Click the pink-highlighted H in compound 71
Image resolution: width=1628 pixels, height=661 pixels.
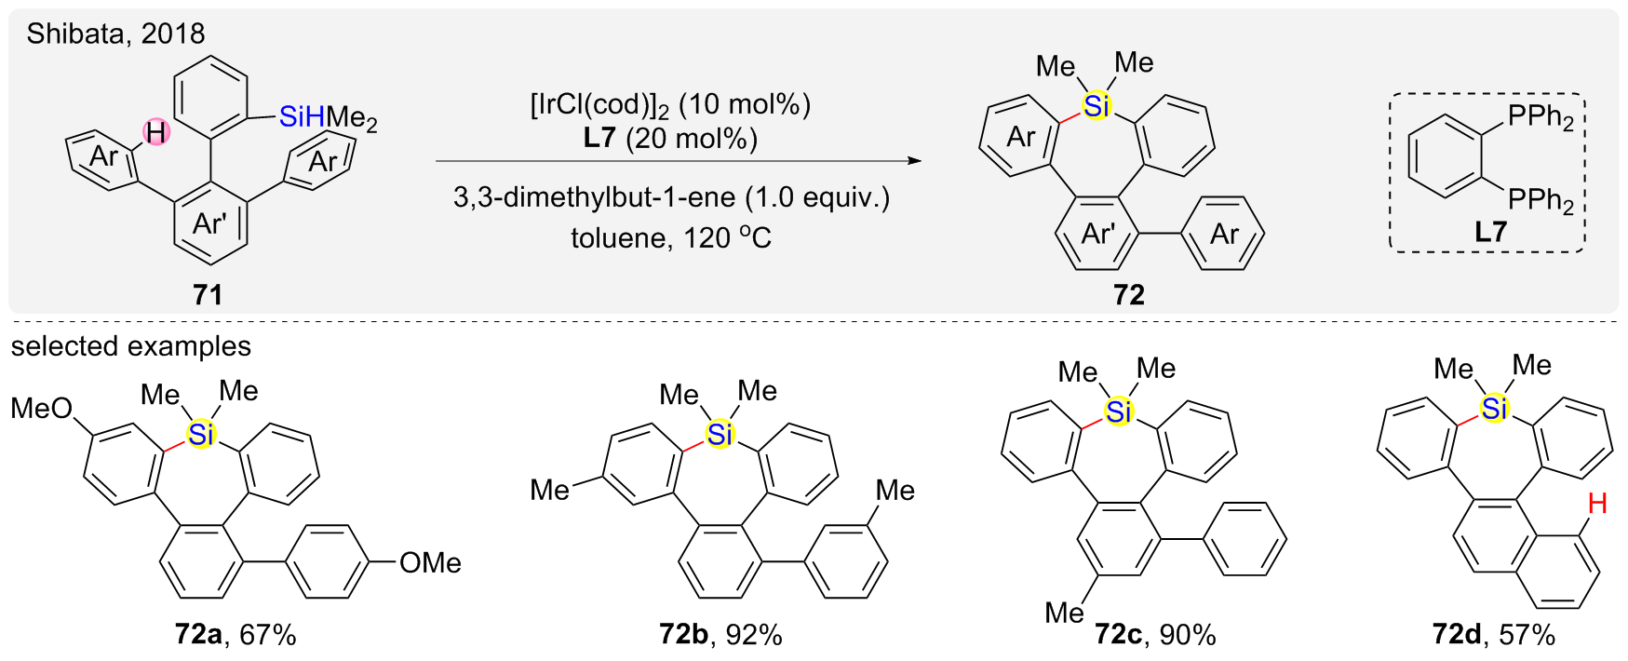click(155, 133)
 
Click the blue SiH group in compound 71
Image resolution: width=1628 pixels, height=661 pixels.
click(302, 117)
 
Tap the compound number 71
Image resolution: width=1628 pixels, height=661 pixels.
click(207, 295)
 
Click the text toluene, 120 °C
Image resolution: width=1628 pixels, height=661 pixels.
click(671, 238)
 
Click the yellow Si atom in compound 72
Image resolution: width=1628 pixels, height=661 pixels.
click(1097, 106)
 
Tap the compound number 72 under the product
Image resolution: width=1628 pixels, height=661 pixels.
click(1128, 295)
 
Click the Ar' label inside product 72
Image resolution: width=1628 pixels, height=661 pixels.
click(1098, 234)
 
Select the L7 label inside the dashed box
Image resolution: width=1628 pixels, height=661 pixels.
click(1489, 232)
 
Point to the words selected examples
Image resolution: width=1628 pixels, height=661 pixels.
click(131, 346)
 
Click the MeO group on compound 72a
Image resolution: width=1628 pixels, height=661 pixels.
click(41, 408)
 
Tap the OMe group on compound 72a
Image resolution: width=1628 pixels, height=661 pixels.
click(430, 562)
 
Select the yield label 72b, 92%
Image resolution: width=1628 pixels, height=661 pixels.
click(720, 635)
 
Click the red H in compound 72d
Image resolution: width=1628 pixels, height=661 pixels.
click(1597, 505)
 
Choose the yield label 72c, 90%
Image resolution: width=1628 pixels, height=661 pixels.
click(1154, 635)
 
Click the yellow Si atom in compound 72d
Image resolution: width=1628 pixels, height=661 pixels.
click(1494, 409)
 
